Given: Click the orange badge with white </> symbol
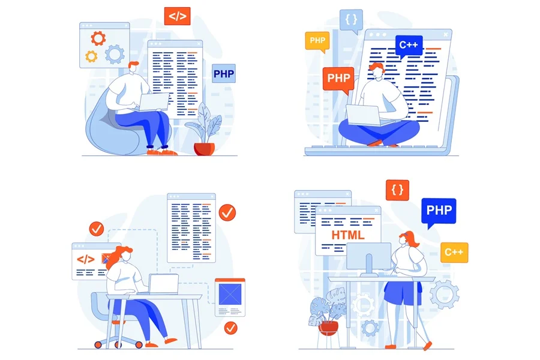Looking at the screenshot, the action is pyautogui.click(x=177, y=16).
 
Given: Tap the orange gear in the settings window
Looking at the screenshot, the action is pyautogui.click(x=98, y=38).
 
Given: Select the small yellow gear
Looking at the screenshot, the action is pyautogui.click(x=91, y=56).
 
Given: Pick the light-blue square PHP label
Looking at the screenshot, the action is pyautogui.click(x=224, y=73).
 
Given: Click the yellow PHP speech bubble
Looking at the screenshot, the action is pyautogui.click(x=317, y=41).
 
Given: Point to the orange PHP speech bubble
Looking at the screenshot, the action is pyautogui.click(x=338, y=79).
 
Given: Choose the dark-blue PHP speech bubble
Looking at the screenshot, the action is pyautogui.click(x=439, y=211).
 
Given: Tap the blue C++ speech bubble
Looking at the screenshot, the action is pyautogui.click(x=409, y=46).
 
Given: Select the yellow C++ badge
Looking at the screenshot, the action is pyautogui.click(x=454, y=252).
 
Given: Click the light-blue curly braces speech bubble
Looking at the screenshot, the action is pyautogui.click(x=351, y=20).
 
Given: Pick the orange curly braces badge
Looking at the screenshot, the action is pyautogui.click(x=397, y=190).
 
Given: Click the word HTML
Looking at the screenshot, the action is pyautogui.click(x=348, y=235).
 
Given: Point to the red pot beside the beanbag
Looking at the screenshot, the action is pyautogui.click(x=204, y=149).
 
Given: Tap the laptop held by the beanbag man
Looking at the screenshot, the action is pyautogui.click(x=154, y=102).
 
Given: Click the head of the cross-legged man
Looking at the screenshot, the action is pyautogui.click(x=377, y=71).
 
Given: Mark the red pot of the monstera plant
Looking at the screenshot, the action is pyautogui.click(x=328, y=328).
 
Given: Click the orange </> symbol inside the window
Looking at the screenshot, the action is pyautogui.click(x=85, y=259).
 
